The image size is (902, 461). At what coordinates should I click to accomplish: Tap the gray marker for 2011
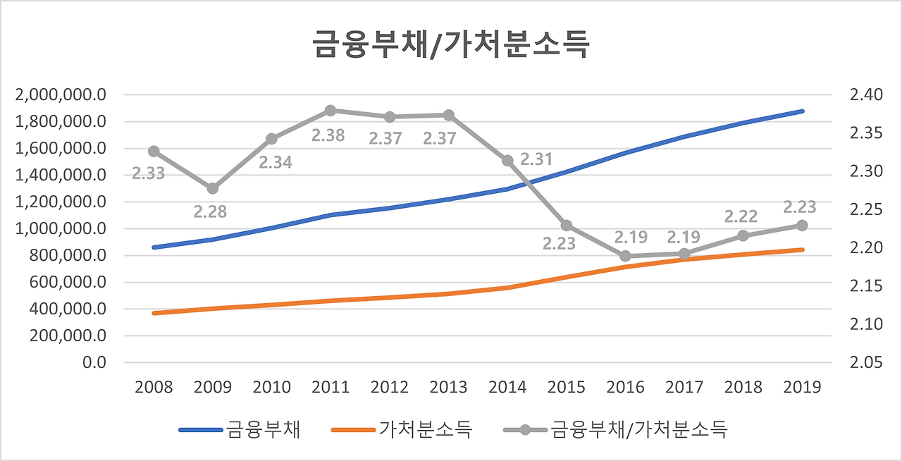[x=330, y=111]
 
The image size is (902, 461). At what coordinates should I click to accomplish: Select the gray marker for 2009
[x=212, y=188]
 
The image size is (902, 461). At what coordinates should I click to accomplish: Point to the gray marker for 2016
[x=625, y=257]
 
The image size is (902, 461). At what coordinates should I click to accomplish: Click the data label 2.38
[x=328, y=135]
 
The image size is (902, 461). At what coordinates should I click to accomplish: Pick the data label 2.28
[x=211, y=211]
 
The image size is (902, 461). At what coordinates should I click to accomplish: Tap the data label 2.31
[x=536, y=159]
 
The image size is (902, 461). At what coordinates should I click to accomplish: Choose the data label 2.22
[x=741, y=216]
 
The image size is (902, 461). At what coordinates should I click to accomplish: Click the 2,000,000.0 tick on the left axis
[x=60, y=95]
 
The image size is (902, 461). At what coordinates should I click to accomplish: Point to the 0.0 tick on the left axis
[x=94, y=362]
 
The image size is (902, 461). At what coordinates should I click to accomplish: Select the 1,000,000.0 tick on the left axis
[x=60, y=229]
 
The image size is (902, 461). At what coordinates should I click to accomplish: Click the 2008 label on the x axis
[x=154, y=388]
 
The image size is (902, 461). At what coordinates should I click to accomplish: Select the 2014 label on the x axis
[x=507, y=388]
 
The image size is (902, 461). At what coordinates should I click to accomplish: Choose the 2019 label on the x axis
[x=802, y=388]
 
